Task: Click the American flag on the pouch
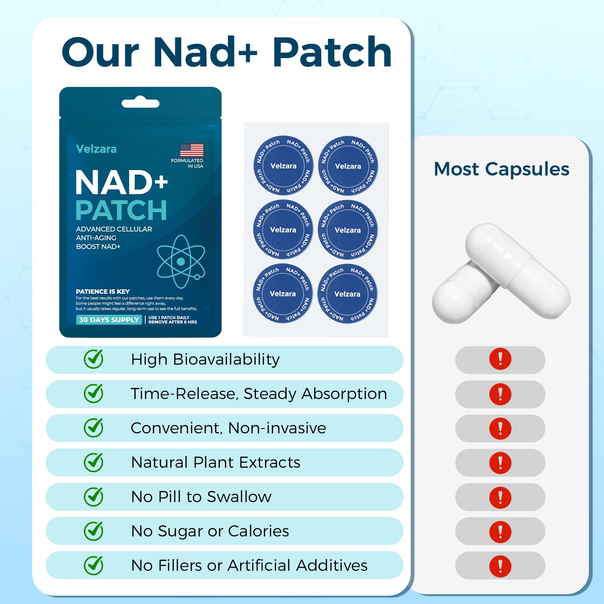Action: click(x=192, y=150)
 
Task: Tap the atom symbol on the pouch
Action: click(x=181, y=261)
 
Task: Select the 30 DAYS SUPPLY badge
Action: click(x=109, y=320)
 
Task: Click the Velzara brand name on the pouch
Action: click(x=96, y=149)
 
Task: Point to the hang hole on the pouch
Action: click(x=140, y=103)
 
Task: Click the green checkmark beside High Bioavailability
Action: click(x=94, y=359)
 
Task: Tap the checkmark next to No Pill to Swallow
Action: click(x=94, y=496)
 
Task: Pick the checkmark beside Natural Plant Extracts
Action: click(x=94, y=462)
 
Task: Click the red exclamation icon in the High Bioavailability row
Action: click(x=500, y=359)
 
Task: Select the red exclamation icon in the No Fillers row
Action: click(x=500, y=566)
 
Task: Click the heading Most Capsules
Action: click(x=501, y=169)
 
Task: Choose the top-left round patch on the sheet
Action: click(x=283, y=166)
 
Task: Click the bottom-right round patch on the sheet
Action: click(x=347, y=294)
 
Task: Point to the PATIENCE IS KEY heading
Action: click(x=103, y=291)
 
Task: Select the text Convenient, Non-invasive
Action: click(x=228, y=428)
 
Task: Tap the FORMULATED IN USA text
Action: click(x=187, y=163)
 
